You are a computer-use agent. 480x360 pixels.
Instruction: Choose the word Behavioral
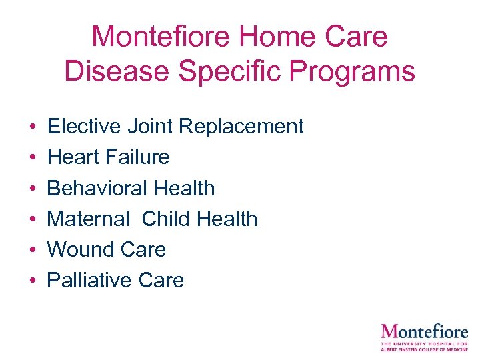(x=97, y=188)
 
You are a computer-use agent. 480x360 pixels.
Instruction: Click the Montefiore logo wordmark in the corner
(x=424, y=331)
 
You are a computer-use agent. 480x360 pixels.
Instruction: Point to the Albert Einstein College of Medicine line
(x=424, y=349)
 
